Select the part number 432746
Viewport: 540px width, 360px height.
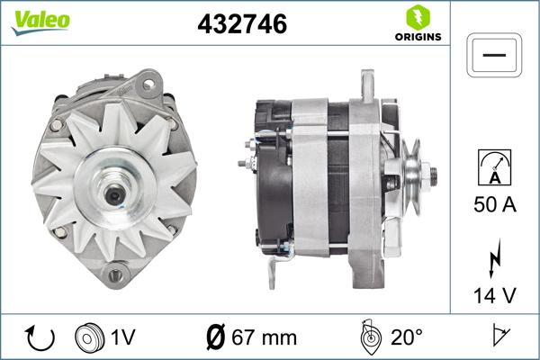(242, 25)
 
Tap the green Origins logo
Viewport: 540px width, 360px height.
(417, 23)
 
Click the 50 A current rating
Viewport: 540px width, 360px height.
(494, 205)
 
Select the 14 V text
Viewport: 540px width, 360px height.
(494, 295)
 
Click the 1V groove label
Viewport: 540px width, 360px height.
(123, 337)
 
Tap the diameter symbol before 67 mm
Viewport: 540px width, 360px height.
(216, 337)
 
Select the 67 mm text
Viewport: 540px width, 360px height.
(264, 337)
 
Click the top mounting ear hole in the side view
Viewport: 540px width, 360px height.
(367, 83)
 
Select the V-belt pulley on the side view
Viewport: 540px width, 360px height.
(410, 173)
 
